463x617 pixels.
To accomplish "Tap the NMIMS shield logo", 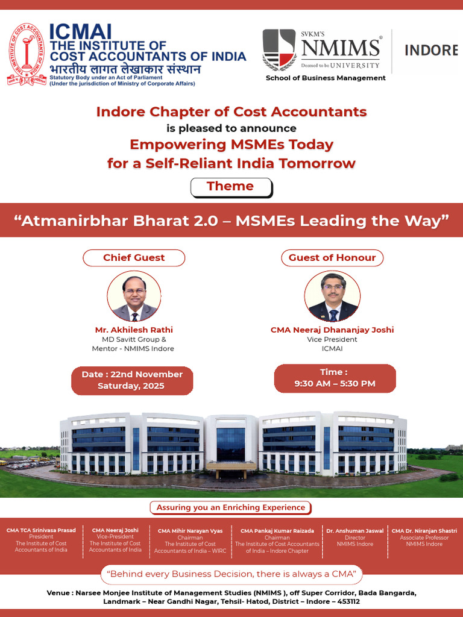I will [279, 50].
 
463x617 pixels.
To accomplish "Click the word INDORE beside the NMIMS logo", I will [430, 50].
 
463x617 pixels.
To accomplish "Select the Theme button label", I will [230, 186].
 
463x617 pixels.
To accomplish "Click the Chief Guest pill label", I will [134, 257].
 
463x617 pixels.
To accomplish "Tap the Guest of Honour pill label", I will [332, 257].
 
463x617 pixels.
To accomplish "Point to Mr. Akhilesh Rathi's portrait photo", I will [134, 296].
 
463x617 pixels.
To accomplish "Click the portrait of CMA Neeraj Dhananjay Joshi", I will [332, 296].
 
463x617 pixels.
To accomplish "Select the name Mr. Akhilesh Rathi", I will [134, 330].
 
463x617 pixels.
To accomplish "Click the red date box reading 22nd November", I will [132, 380].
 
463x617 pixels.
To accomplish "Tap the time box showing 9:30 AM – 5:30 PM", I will [335, 378].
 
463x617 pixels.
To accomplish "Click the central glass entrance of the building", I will [230, 443].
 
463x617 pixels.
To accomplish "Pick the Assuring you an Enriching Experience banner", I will [231, 507].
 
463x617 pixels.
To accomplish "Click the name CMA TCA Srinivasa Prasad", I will [41, 530].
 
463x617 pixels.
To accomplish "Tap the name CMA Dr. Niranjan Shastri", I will [424, 531].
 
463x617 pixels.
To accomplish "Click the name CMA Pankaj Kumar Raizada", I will [277, 531].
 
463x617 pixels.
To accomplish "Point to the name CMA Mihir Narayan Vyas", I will [190, 531].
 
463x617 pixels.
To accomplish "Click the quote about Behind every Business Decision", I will [231, 573].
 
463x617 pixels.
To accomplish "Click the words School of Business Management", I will [326, 78].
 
